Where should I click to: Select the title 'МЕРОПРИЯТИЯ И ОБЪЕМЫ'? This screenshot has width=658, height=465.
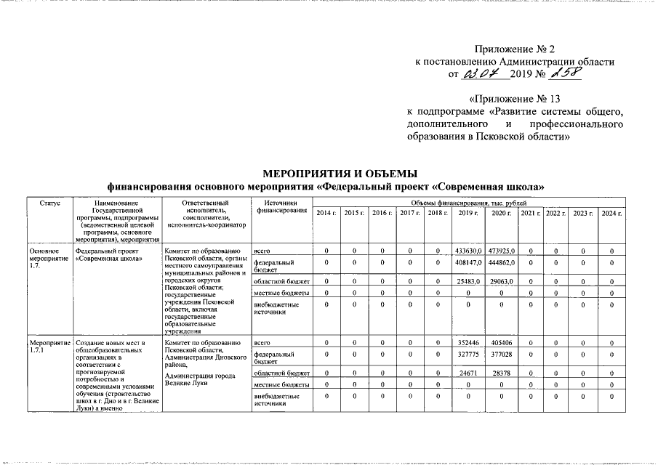(340, 174)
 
